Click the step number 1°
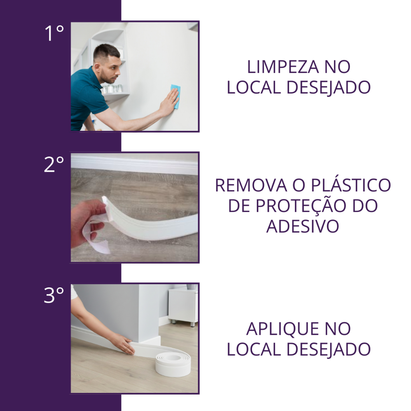point(54,33)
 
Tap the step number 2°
point(54,164)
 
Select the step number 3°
point(54,295)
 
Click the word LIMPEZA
point(283,67)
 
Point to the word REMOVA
point(251,185)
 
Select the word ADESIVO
point(303,226)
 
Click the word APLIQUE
point(283,330)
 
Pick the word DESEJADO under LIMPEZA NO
point(329,88)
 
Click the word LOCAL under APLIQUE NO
point(254,350)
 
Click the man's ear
point(98,68)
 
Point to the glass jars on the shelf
point(112,88)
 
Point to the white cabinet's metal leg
point(193,324)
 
